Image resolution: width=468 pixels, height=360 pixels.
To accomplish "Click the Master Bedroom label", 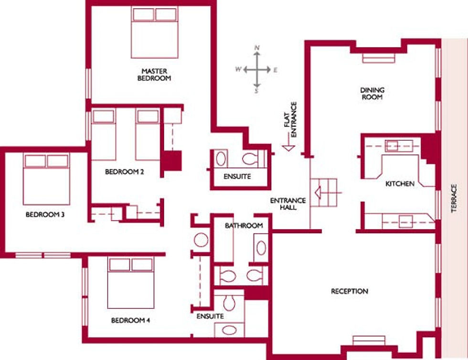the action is click(x=154, y=74).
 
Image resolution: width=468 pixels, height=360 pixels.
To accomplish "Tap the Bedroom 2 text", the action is click(x=125, y=171).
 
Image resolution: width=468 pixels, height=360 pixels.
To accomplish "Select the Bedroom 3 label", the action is click(x=45, y=214).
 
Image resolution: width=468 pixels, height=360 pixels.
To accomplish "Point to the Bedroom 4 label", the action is click(x=130, y=320).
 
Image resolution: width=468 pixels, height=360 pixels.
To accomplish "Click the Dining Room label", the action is click(x=372, y=94).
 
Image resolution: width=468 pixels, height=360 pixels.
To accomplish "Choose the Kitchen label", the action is click(x=400, y=184).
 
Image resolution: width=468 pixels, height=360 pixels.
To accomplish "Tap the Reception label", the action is click(x=350, y=291).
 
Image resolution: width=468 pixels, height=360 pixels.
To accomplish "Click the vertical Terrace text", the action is click(x=454, y=199).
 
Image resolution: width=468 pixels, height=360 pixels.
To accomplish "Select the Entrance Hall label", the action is click(x=288, y=204).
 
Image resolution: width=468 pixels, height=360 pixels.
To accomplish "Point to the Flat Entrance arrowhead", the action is click(x=288, y=148).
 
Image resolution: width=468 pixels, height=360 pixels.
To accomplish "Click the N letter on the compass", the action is click(x=257, y=48).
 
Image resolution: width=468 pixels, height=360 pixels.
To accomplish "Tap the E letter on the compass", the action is click(x=275, y=70).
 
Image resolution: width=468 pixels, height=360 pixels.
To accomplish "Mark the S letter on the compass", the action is click(x=256, y=91).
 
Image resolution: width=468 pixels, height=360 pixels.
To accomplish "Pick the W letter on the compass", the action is click(x=238, y=69).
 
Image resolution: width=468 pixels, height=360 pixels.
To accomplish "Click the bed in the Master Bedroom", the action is click(x=155, y=32).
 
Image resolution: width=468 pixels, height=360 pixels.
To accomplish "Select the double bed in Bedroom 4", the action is click(x=131, y=283).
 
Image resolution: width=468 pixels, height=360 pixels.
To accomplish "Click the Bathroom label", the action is click(x=244, y=226).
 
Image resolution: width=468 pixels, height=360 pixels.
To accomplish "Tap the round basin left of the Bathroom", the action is click(x=201, y=240).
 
